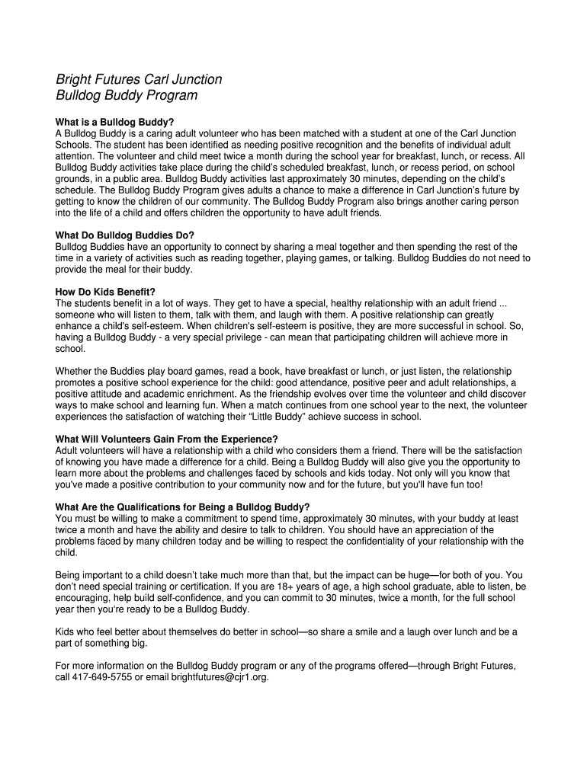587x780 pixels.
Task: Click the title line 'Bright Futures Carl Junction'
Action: (x=139, y=79)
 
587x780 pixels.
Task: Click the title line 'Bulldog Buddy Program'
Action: (x=127, y=96)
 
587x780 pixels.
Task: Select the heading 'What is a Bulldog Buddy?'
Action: (x=115, y=122)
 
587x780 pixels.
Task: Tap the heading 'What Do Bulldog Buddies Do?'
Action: (x=125, y=235)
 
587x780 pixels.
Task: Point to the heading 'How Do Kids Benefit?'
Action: (x=105, y=292)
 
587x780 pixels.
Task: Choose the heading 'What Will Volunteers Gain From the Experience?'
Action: (x=167, y=440)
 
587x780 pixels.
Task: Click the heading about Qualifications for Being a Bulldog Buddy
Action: (x=183, y=507)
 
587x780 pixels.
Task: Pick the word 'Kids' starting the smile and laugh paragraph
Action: (x=66, y=632)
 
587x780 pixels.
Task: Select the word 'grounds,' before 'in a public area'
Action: (x=75, y=179)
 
